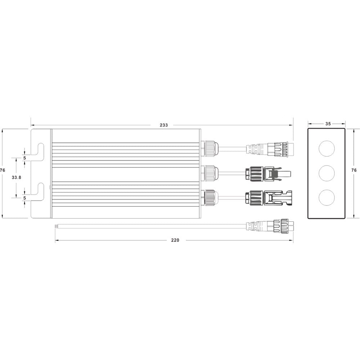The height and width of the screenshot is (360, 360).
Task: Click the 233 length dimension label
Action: [x=164, y=125]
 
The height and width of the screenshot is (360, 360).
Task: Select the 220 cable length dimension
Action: [x=175, y=240]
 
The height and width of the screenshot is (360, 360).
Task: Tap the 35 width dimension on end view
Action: [x=328, y=124]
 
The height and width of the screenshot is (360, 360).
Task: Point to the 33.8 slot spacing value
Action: [x=16, y=177]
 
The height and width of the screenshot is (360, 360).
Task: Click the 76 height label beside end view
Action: [x=354, y=170]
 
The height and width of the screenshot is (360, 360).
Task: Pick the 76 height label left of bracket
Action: [x=3, y=170]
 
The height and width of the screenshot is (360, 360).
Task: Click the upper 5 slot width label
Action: [x=24, y=158]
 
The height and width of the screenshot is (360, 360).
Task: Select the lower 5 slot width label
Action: [x=24, y=198]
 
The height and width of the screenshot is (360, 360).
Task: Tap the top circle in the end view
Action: [x=327, y=148]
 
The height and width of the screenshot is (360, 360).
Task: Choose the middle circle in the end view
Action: [x=327, y=173]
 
